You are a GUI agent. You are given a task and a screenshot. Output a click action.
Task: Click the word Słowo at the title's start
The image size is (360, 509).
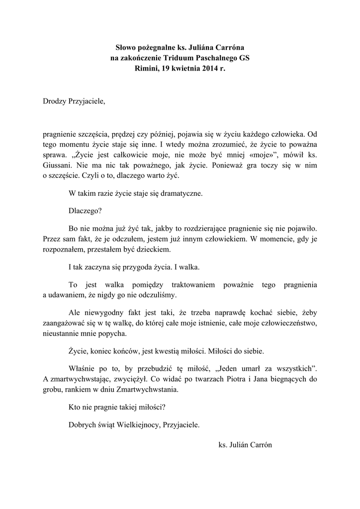pos(126,48)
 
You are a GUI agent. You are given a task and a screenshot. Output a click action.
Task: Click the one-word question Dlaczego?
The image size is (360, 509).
pos(85,211)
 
